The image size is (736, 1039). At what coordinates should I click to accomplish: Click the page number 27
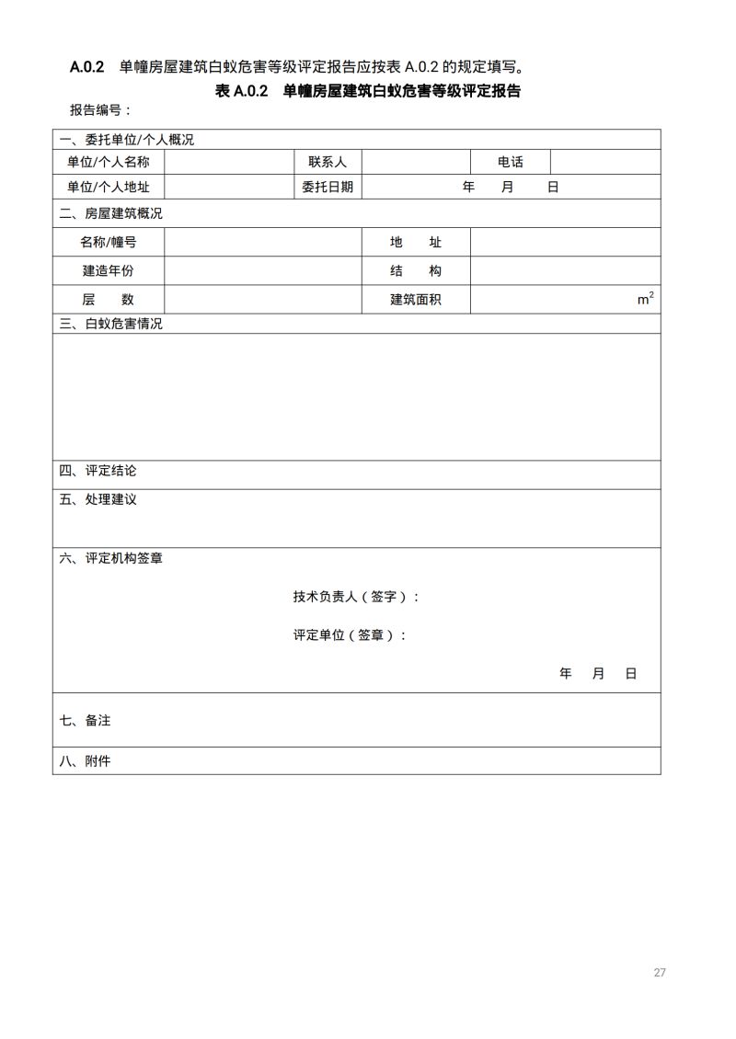tap(660, 973)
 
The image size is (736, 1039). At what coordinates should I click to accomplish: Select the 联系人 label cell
tap(328, 162)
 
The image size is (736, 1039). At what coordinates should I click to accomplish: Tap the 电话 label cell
tap(511, 162)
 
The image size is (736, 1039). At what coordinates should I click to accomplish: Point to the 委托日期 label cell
tap(328, 187)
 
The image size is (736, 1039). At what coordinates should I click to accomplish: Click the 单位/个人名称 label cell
tap(109, 162)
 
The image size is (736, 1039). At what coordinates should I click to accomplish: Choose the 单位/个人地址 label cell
tap(109, 187)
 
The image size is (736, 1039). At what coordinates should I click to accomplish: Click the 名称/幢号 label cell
tap(109, 243)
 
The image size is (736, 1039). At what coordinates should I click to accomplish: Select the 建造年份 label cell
tap(109, 271)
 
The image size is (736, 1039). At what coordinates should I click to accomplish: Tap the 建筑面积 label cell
tap(416, 300)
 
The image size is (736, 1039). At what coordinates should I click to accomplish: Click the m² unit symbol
tap(646, 299)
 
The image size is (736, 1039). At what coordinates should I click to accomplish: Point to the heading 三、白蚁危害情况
tap(111, 324)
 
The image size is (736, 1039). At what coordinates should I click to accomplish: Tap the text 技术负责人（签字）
tap(355, 597)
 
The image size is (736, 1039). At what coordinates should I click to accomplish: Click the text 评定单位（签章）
tap(349, 635)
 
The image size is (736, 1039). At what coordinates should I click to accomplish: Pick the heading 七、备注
tap(86, 721)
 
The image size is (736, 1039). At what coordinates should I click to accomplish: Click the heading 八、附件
tap(86, 761)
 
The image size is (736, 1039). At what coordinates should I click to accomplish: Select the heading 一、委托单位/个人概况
tap(127, 140)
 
